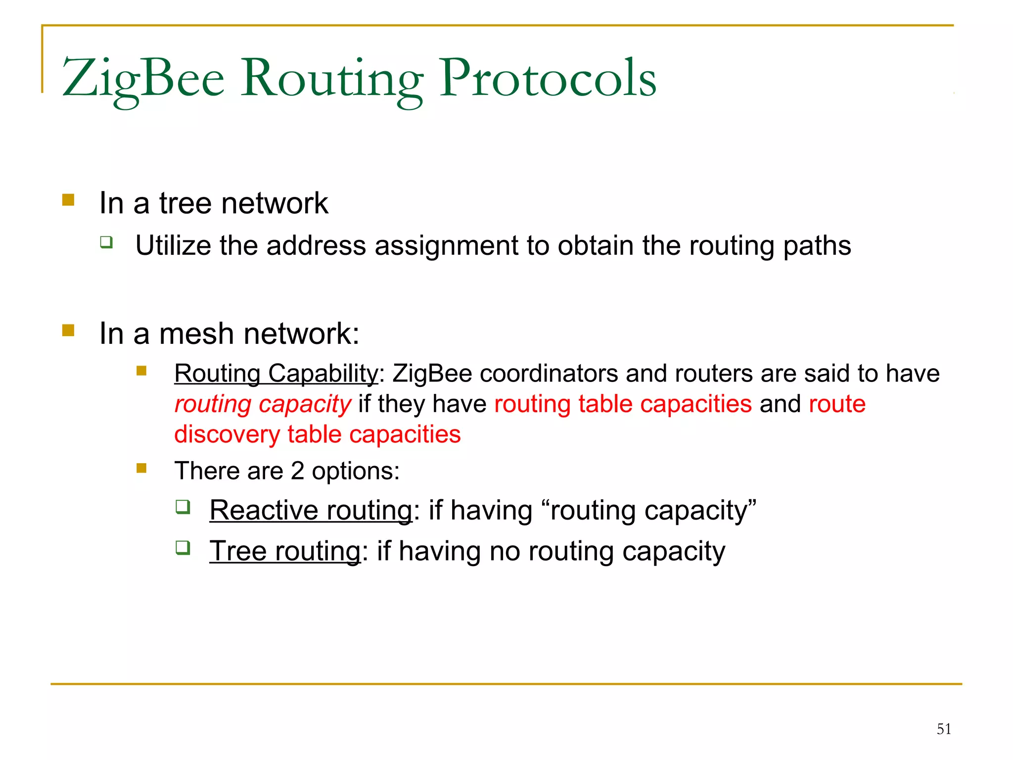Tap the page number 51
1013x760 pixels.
click(x=944, y=729)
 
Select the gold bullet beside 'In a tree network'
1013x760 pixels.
click(x=68, y=200)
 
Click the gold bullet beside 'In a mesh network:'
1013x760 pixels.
click(x=68, y=330)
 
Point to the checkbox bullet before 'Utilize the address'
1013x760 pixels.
click(x=106, y=242)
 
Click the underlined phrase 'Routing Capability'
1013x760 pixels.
click(x=276, y=373)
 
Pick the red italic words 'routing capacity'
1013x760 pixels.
click(x=263, y=404)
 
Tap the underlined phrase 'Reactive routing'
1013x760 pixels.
click(x=311, y=510)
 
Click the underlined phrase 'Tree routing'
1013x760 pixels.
click(x=285, y=551)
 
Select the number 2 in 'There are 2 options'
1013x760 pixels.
click(x=297, y=471)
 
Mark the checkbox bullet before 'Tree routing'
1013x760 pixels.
click(x=183, y=548)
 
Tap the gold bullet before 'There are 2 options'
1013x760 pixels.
click(x=141, y=468)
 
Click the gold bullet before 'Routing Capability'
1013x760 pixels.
click(x=141, y=371)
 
